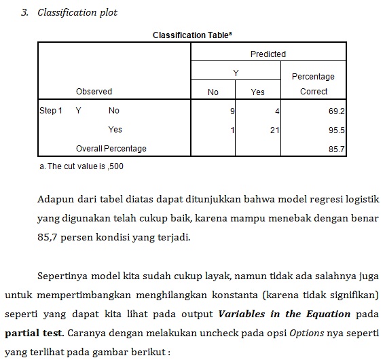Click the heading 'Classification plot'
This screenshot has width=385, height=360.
click(77, 13)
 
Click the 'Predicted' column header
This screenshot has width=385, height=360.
click(268, 54)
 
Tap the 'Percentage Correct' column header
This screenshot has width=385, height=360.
click(313, 84)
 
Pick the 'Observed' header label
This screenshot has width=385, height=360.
click(94, 91)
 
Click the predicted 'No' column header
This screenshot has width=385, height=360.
click(213, 92)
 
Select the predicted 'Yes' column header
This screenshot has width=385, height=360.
click(257, 92)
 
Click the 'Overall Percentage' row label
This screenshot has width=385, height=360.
click(111, 148)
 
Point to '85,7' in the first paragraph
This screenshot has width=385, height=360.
click(49, 238)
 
